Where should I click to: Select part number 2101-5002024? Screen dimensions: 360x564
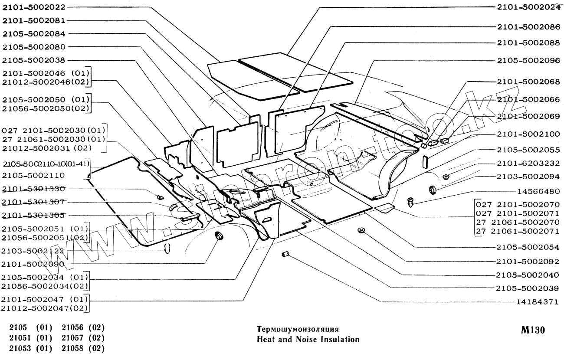click(x=528, y=7)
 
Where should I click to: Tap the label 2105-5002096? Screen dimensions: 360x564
click(x=528, y=61)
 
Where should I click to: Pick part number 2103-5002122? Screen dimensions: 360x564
click(x=33, y=251)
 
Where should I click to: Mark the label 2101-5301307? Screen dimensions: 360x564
click(x=33, y=202)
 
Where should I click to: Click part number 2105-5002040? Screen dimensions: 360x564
click(x=528, y=275)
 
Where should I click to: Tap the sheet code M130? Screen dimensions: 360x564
click(x=533, y=331)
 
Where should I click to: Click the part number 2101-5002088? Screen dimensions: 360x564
click(x=528, y=43)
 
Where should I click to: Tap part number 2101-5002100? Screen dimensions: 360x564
click(x=528, y=134)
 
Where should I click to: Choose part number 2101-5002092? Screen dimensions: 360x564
click(x=528, y=262)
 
